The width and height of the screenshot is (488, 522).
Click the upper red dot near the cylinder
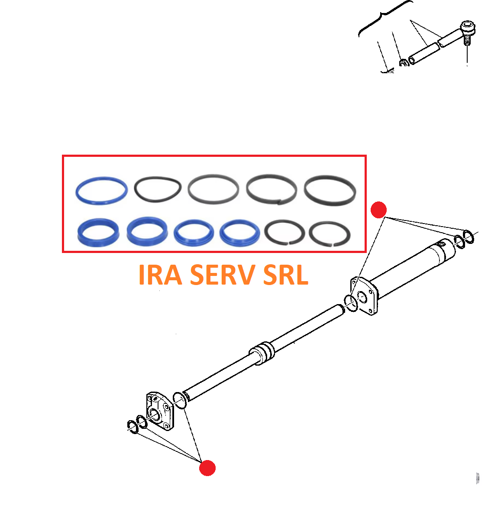tap(378, 210)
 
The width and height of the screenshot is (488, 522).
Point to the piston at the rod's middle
tap(262, 353)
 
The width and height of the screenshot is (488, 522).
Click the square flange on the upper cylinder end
tap(364, 296)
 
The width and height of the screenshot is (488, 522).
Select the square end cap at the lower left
tap(160, 411)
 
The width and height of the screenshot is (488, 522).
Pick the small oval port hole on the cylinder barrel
tap(442, 244)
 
